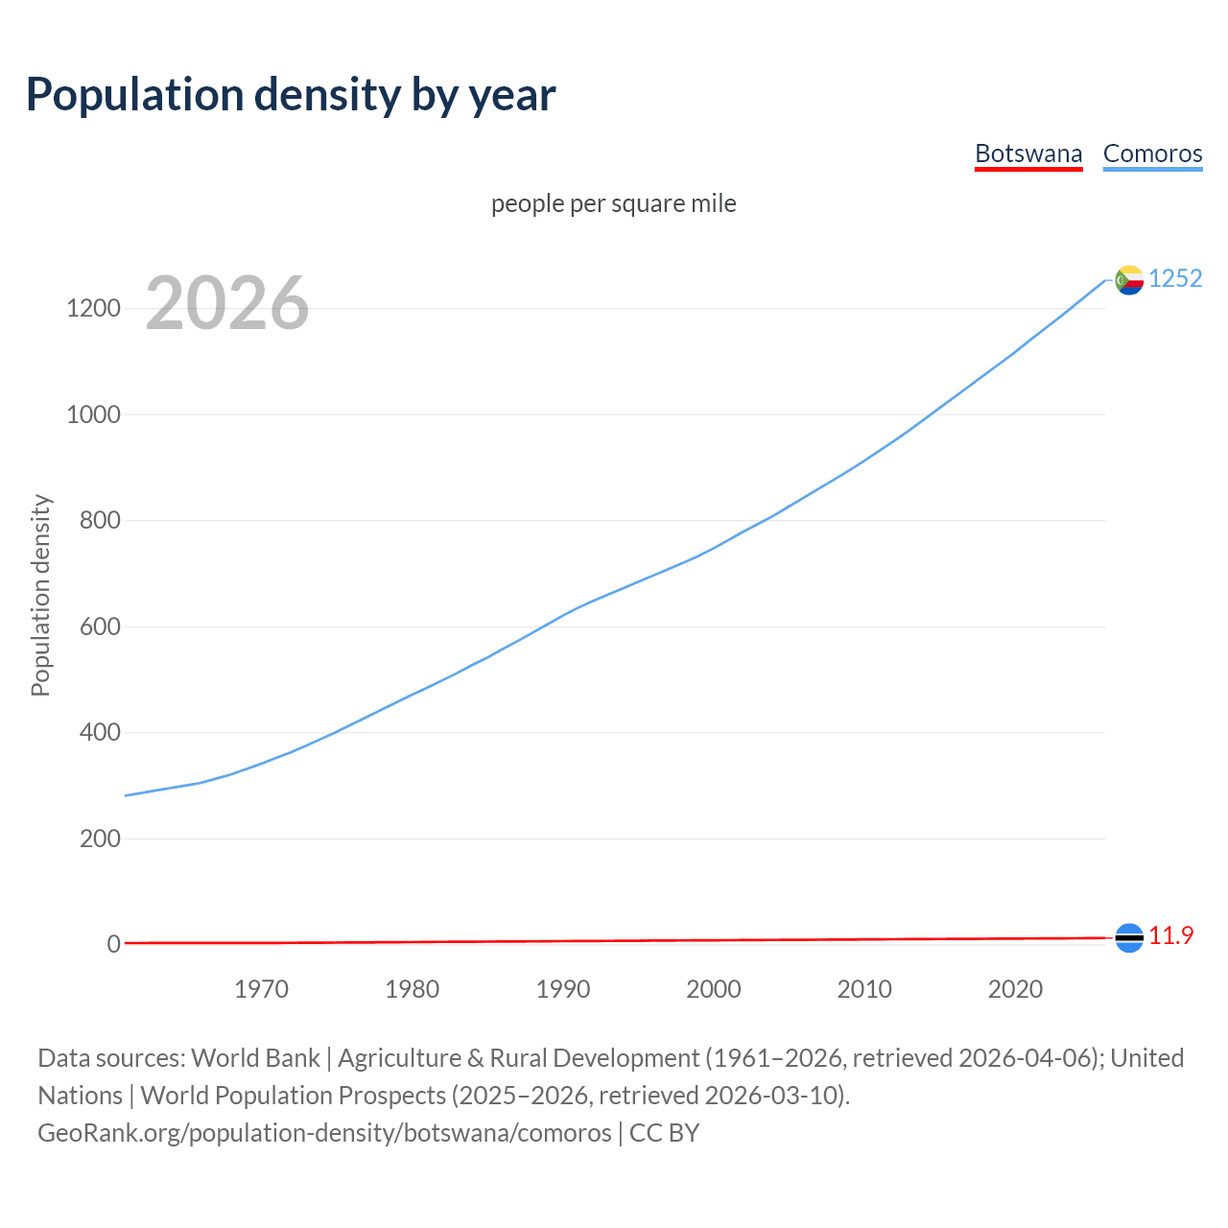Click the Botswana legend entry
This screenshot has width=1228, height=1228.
(x=1027, y=153)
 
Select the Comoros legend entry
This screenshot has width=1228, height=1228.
(x=1152, y=153)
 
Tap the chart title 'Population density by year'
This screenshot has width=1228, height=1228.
(x=291, y=94)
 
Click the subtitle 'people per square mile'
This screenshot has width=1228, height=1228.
(x=613, y=203)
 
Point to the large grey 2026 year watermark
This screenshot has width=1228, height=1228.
(x=227, y=303)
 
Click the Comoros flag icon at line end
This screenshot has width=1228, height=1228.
(x=1129, y=279)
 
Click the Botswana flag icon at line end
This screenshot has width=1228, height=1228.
(x=1129, y=937)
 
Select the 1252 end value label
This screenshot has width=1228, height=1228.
(x=1175, y=278)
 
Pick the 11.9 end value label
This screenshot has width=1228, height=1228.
(x=1170, y=935)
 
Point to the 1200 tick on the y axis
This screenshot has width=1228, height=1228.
(x=93, y=308)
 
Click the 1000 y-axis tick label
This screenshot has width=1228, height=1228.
(x=93, y=414)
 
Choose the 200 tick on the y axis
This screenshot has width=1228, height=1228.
(x=100, y=838)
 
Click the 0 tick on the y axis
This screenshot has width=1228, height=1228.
(x=114, y=944)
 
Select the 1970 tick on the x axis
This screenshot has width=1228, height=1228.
(x=261, y=989)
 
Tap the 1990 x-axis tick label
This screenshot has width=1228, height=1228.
(x=563, y=989)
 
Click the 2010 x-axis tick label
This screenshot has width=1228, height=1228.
(x=864, y=989)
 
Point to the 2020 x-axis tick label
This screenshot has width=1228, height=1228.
(x=1015, y=989)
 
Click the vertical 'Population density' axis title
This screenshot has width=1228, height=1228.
(x=40, y=595)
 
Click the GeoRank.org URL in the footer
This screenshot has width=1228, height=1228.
(x=324, y=1133)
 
